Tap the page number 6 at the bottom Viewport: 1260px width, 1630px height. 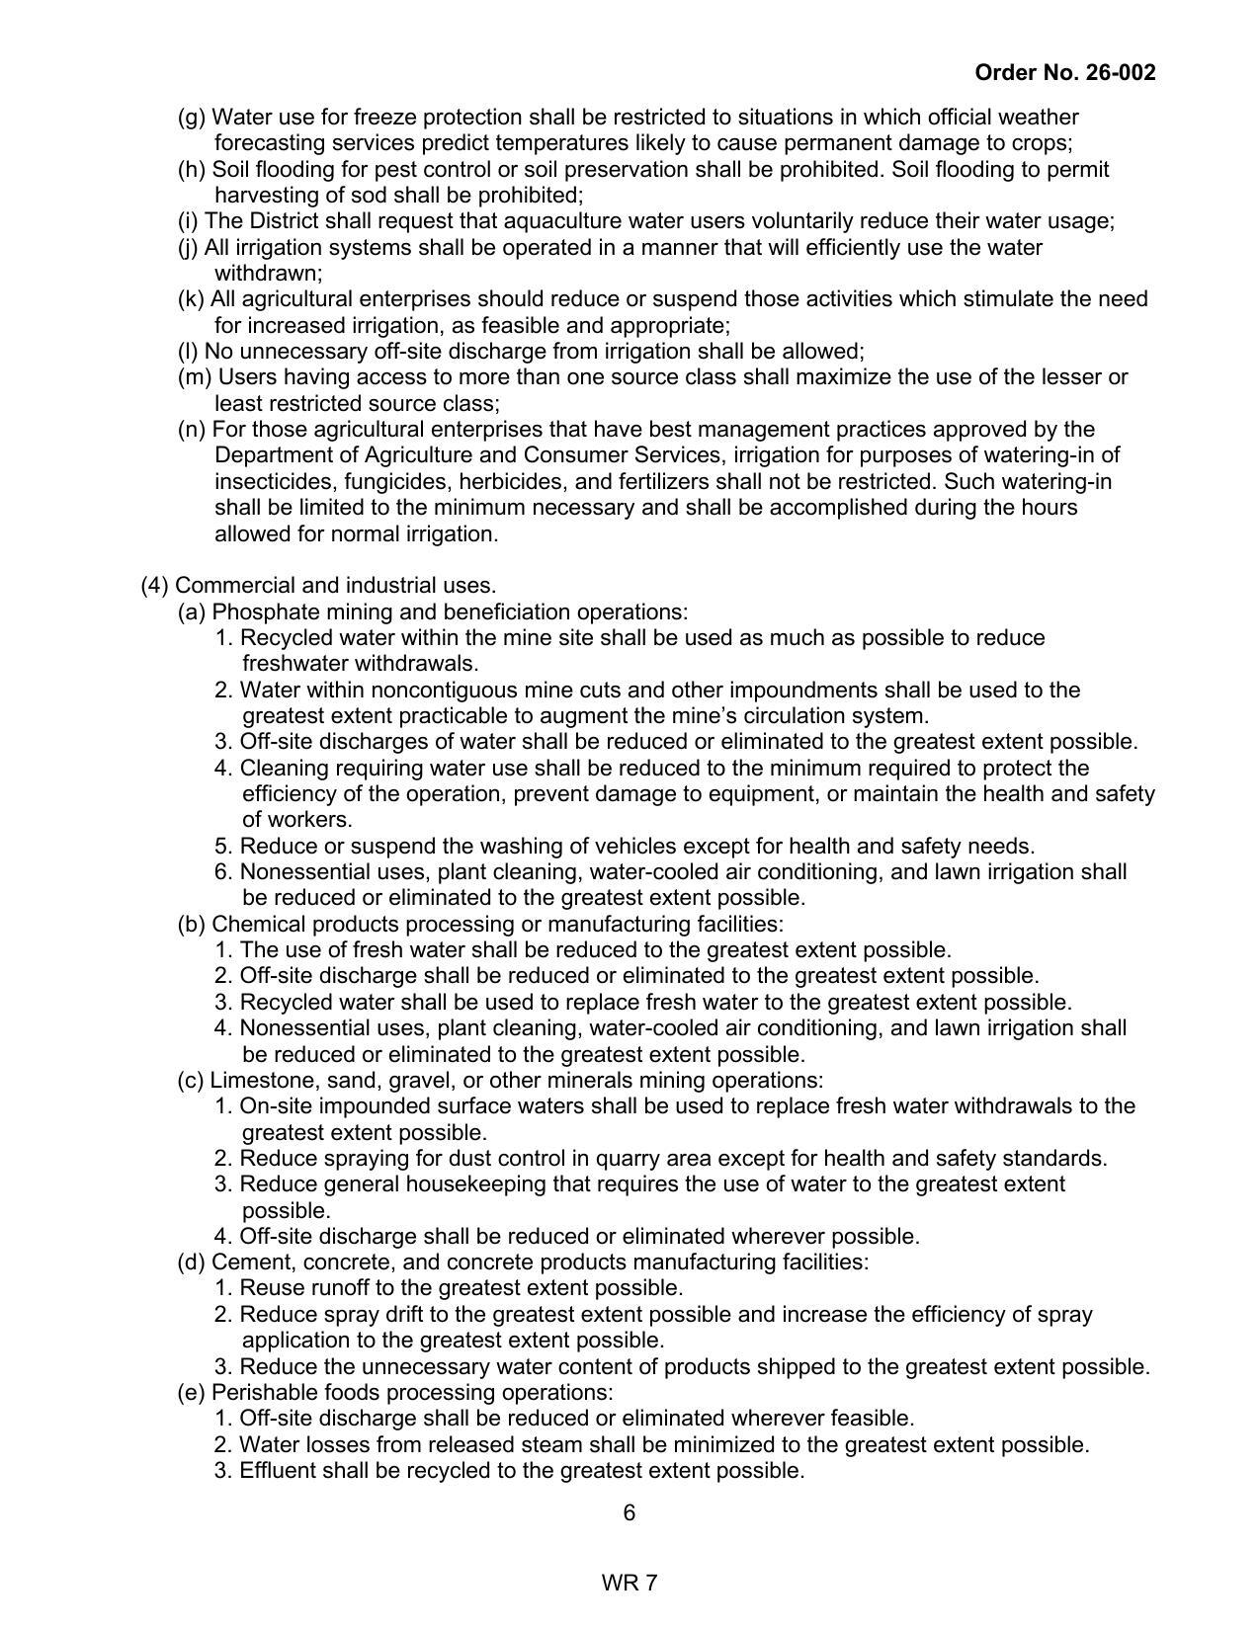click(x=630, y=1512)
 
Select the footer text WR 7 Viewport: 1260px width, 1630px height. click(x=630, y=1583)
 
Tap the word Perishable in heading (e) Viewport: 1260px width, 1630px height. click(x=261, y=1392)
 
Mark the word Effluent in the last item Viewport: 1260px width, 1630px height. click(x=276, y=1470)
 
